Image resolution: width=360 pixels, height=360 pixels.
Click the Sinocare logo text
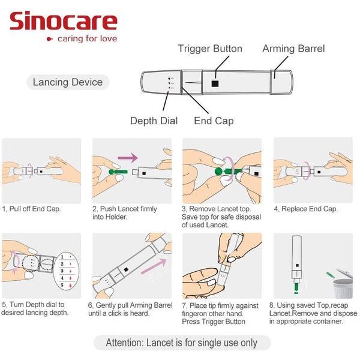click(63, 22)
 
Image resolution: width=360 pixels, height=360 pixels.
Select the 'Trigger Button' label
click(210, 49)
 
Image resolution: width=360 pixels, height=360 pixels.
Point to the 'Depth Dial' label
click(154, 121)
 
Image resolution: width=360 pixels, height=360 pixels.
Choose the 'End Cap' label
click(214, 121)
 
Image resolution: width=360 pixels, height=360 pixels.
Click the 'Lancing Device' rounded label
click(67, 82)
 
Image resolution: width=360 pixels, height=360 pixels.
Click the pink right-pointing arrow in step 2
click(127, 158)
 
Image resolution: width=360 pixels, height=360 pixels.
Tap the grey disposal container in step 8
click(343, 285)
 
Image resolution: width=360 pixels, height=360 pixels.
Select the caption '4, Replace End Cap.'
click(305, 209)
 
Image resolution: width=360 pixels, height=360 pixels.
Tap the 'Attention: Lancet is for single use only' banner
click(181, 343)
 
